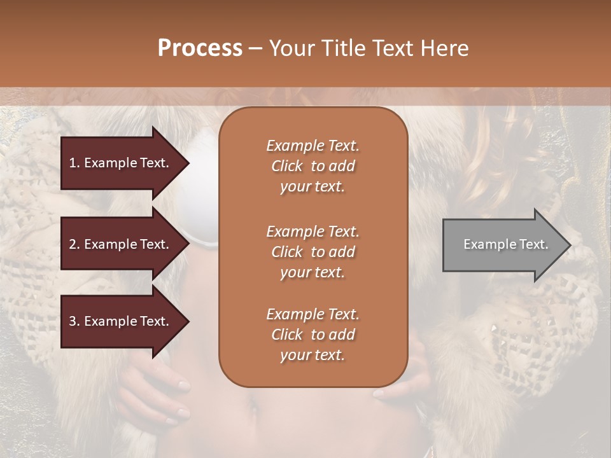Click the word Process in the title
pos(200,48)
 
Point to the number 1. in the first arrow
pos(74,163)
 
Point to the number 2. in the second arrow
pos(74,244)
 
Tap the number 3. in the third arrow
pos(74,321)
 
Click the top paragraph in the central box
pos(313,166)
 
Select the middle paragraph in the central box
pos(313,251)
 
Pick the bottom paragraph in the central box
pos(313,335)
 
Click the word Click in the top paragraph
pos(287,166)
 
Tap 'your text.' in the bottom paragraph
pos(313,356)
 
